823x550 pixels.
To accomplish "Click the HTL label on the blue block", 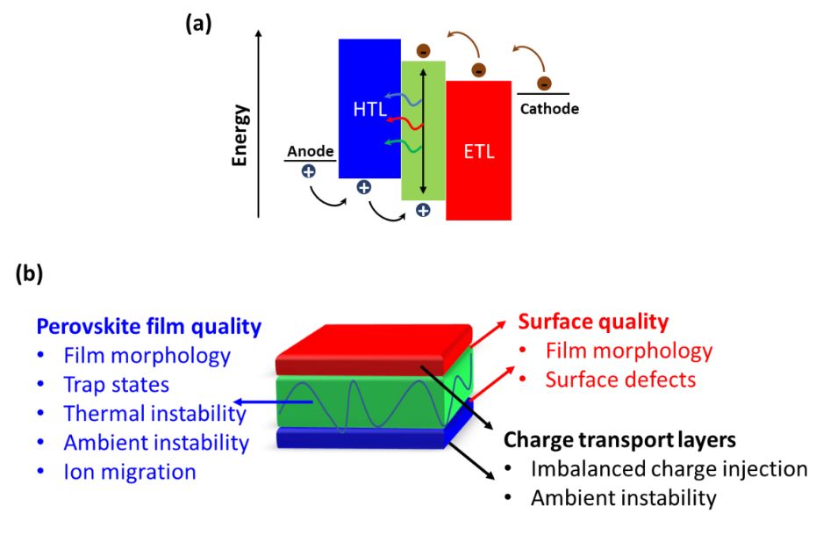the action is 370,109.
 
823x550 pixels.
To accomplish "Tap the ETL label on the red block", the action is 479,151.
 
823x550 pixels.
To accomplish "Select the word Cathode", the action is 549,109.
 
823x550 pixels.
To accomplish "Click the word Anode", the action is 311,151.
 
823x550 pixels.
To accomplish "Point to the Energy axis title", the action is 240,135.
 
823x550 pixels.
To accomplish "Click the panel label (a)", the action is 198,24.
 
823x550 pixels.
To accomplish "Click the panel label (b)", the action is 30,273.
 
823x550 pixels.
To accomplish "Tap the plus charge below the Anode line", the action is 309,171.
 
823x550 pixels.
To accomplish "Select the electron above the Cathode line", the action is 544,83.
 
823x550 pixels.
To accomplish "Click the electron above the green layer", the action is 423,50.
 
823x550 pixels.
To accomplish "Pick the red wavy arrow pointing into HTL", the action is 404,123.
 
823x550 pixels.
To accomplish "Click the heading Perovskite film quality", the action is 149,327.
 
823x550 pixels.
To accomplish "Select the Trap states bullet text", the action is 117,385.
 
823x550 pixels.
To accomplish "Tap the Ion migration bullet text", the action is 130,472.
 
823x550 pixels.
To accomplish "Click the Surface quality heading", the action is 593,322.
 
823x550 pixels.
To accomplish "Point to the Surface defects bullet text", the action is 620,380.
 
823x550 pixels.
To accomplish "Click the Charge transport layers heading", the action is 619,439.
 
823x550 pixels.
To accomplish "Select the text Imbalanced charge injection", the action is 669,469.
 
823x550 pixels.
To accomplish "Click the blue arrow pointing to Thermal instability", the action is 273,402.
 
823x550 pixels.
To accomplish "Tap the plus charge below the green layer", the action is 423,210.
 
